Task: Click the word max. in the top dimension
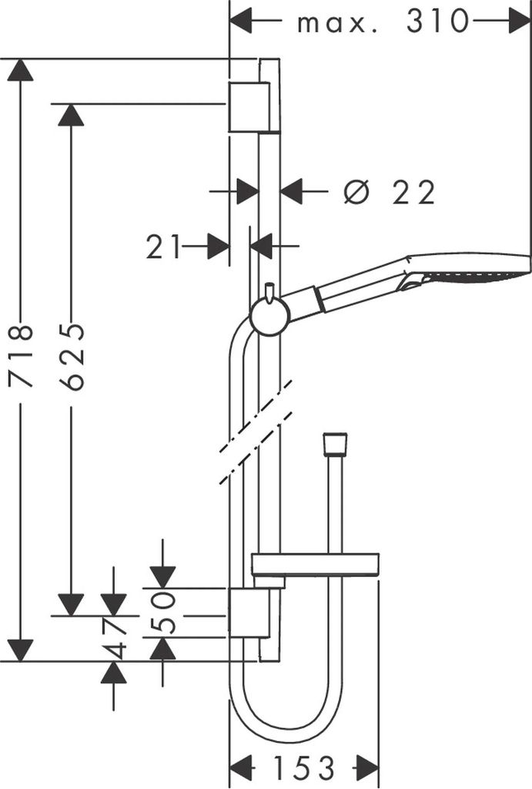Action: point(337,24)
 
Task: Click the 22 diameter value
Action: point(413,192)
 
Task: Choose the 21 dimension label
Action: point(163,247)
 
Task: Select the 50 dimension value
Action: point(163,613)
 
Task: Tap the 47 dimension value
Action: point(114,637)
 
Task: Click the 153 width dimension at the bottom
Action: point(303,768)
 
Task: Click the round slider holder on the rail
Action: point(270,316)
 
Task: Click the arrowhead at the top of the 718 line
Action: point(21,70)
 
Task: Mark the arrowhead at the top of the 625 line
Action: point(71,115)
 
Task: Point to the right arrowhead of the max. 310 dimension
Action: point(520,21)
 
